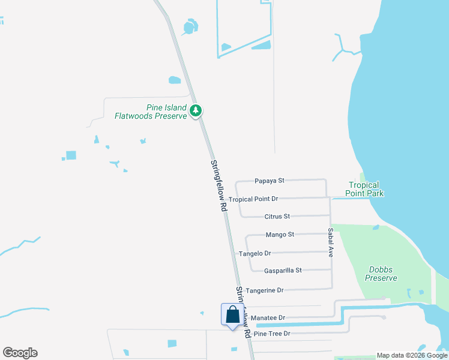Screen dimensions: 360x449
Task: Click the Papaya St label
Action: pyautogui.click(x=269, y=180)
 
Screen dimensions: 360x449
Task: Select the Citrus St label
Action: pyautogui.click(x=277, y=216)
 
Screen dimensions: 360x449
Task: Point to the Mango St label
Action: pyautogui.click(x=279, y=235)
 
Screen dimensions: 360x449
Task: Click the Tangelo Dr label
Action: pyautogui.click(x=255, y=253)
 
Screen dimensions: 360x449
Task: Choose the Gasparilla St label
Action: pyautogui.click(x=283, y=271)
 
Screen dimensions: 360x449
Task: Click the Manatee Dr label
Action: pyautogui.click(x=268, y=317)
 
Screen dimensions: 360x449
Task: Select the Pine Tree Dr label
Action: pyautogui.click(x=272, y=334)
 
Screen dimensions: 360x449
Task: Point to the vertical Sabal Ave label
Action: pyautogui.click(x=330, y=242)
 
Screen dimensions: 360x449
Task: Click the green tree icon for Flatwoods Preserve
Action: pyautogui.click(x=196, y=110)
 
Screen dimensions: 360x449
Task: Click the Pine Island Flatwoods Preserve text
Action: pyautogui.click(x=151, y=112)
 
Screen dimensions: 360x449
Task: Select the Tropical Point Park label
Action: pyautogui.click(x=364, y=190)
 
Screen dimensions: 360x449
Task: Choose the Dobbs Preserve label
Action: pyautogui.click(x=381, y=274)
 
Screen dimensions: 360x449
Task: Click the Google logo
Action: pyautogui.click(x=20, y=353)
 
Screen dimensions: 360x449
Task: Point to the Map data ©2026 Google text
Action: pyautogui.click(x=411, y=355)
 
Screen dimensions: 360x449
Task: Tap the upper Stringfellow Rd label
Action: pyautogui.click(x=218, y=184)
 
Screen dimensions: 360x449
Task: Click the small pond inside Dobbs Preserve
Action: pyautogui.click(x=375, y=227)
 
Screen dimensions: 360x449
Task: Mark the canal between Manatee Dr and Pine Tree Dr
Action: pyautogui.click(x=300, y=325)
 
